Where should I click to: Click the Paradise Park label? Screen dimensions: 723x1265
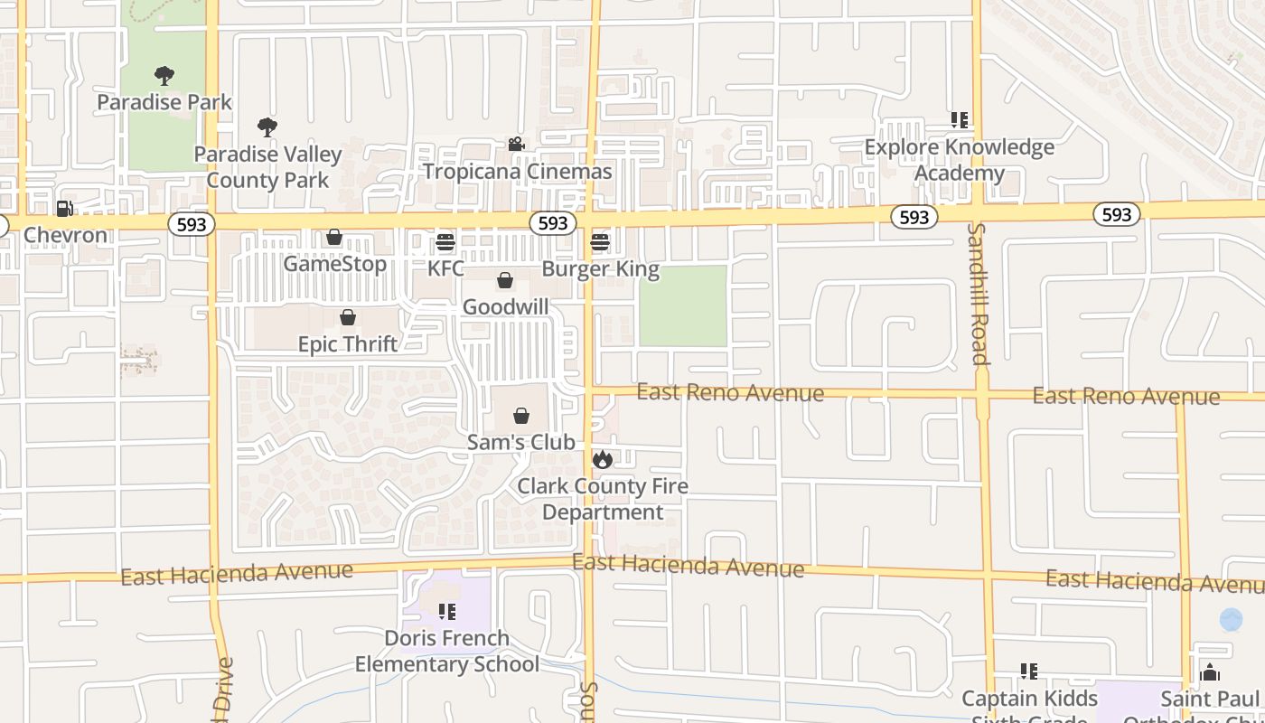(x=164, y=102)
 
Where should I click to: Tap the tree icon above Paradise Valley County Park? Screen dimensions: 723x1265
(x=267, y=127)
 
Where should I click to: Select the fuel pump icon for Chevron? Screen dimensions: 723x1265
(x=64, y=209)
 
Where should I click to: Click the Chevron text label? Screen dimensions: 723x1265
(x=65, y=235)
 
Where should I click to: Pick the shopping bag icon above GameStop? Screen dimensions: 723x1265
(x=334, y=238)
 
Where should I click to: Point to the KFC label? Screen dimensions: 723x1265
(x=445, y=268)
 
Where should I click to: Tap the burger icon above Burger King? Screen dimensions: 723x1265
(x=600, y=242)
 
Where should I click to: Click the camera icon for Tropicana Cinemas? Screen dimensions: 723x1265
(x=516, y=145)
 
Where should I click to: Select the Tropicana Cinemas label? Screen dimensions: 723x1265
(x=517, y=171)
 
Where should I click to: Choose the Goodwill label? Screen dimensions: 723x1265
(x=505, y=307)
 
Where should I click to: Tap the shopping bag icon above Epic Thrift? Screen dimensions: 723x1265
(x=348, y=317)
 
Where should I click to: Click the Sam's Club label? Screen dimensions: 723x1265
(x=520, y=442)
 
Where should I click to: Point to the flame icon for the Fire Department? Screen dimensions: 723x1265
(x=602, y=459)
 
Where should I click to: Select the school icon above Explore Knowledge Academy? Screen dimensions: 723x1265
(x=959, y=120)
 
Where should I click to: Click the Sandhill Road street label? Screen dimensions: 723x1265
(x=979, y=294)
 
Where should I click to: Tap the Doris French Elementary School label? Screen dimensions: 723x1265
(x=446, y=651)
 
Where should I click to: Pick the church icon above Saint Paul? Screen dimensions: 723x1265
(x=1210, y=672)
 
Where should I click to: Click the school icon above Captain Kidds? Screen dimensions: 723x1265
(x=1028, y=671)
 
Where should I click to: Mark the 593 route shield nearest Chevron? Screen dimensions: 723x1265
(x=191, y=223)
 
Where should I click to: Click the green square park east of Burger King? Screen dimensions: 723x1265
(x=683, y=305)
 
